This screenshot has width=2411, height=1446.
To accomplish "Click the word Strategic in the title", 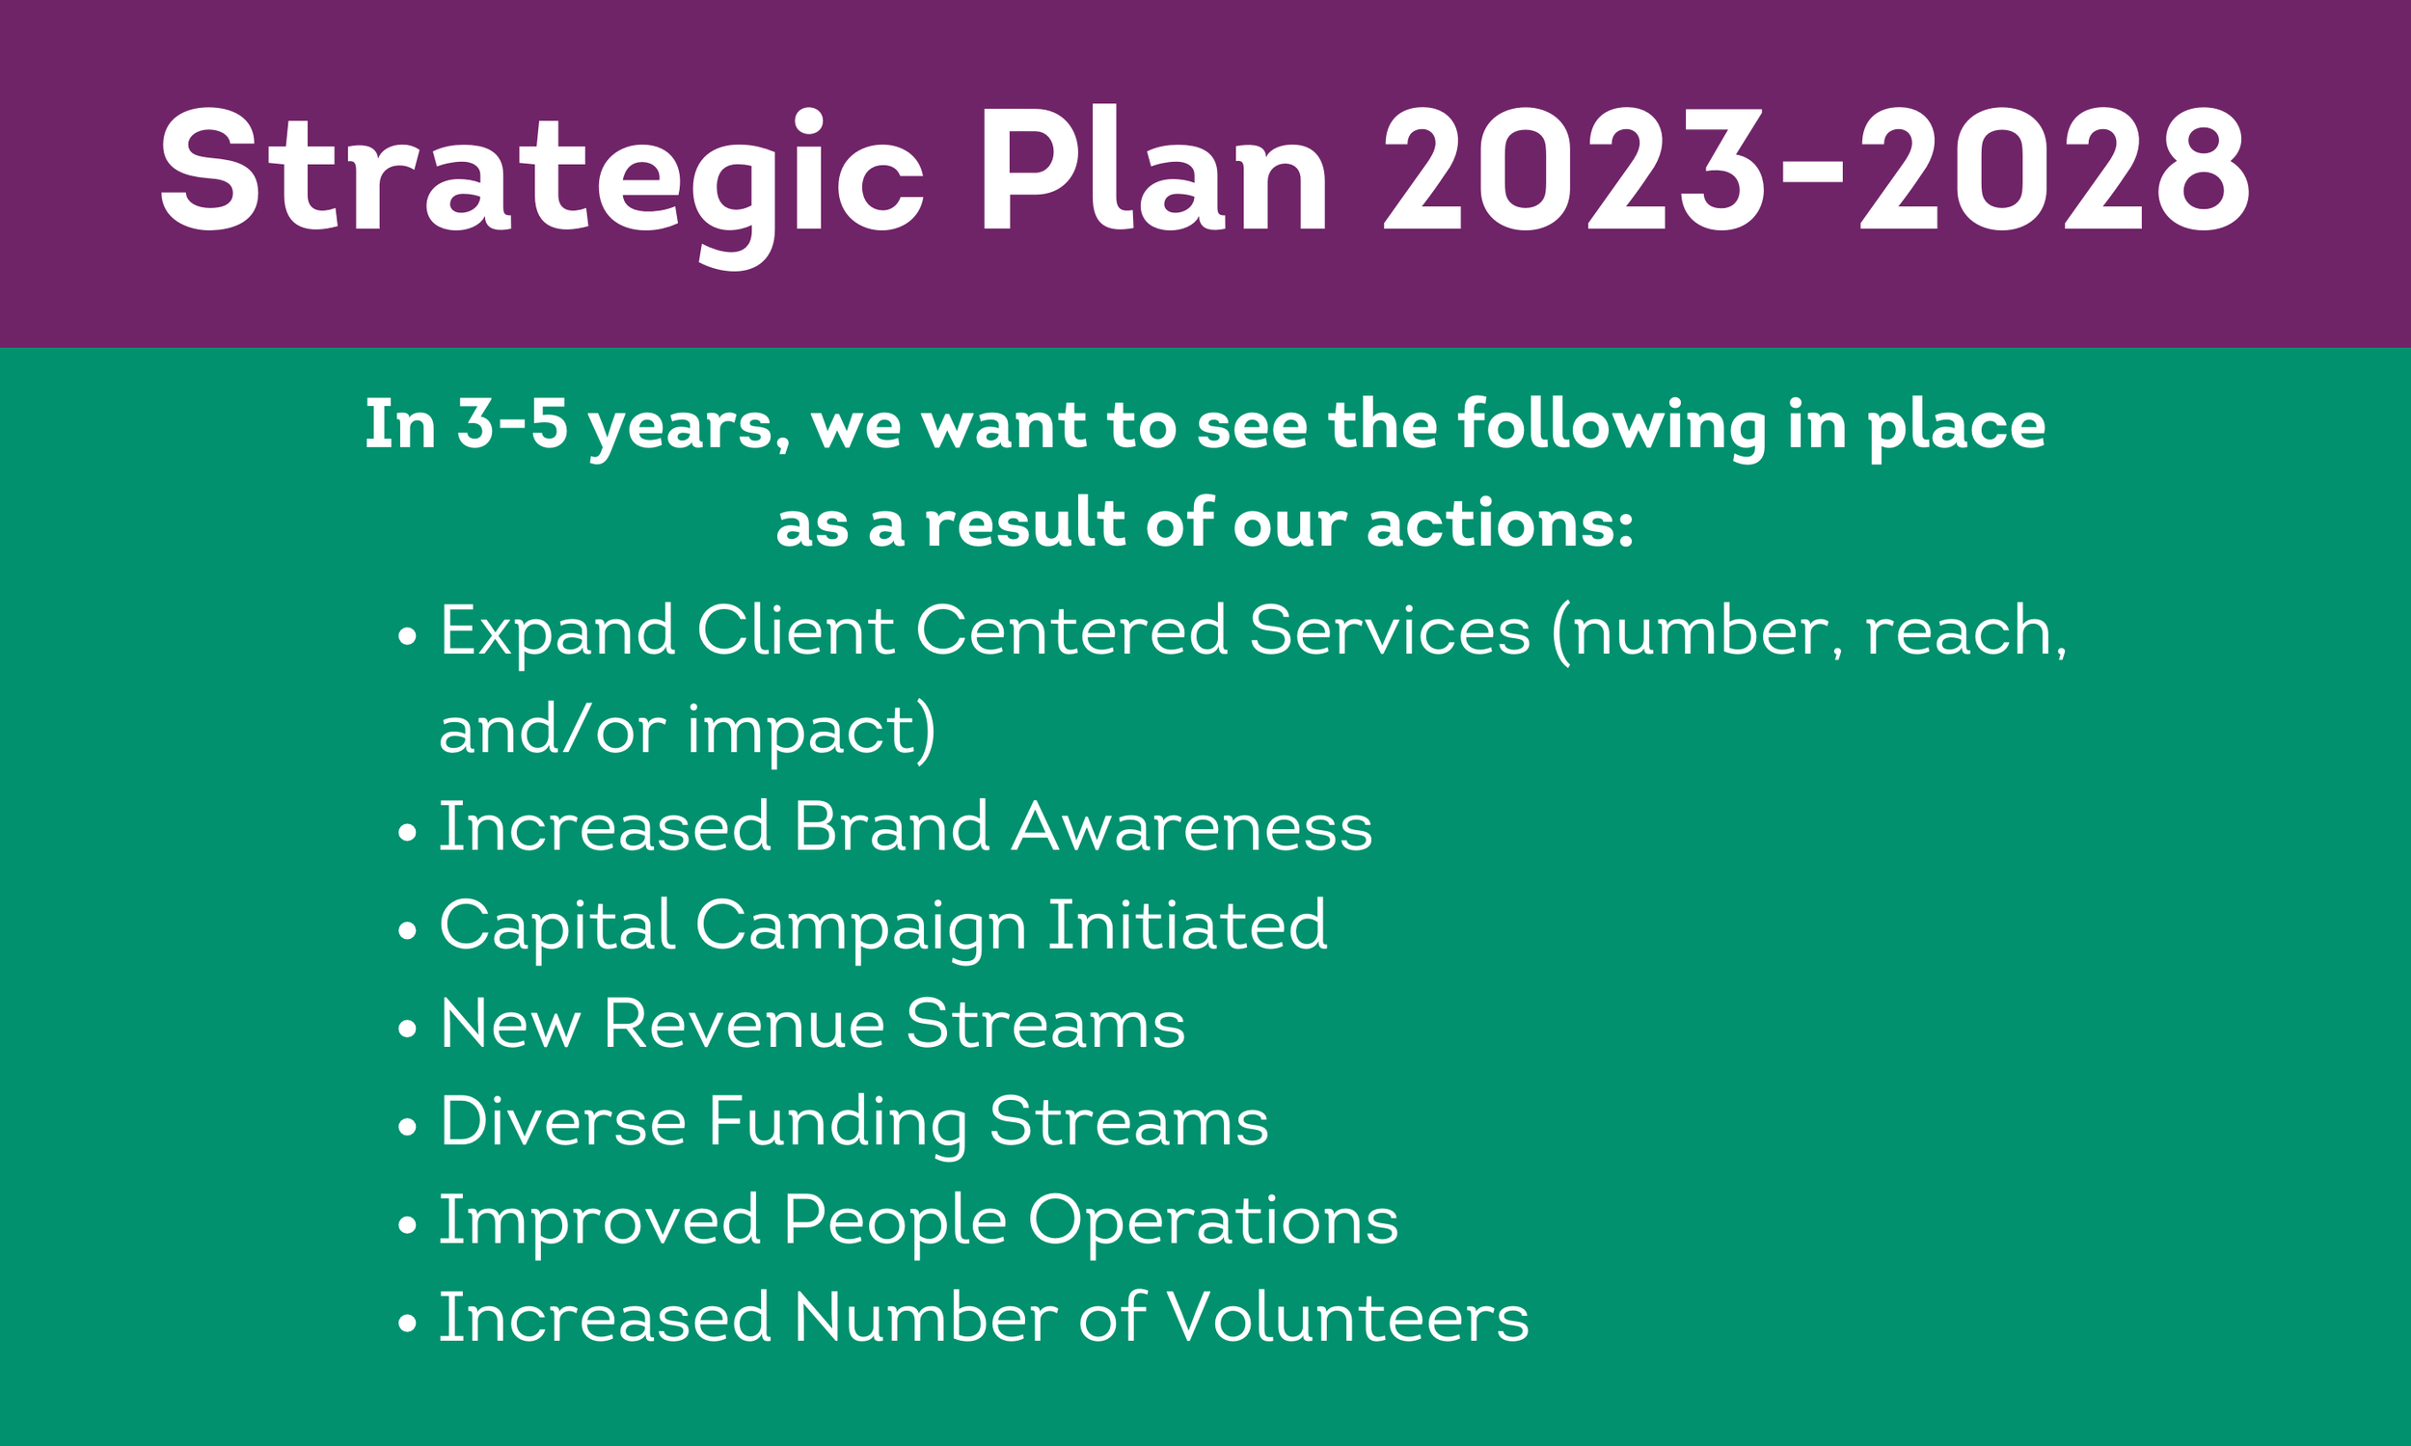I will (541, 174).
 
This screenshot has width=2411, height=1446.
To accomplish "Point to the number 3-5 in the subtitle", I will (513, 425).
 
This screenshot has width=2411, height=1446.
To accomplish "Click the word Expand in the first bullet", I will (556, 631).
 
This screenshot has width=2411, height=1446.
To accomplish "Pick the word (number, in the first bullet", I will (1696, 631).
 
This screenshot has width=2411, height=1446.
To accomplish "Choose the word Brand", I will (891, 827).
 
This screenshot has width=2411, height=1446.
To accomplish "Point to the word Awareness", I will (1191, 827).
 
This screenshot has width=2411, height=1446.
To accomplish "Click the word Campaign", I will (860, 925).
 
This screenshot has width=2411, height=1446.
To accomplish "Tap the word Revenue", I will (743, 1024).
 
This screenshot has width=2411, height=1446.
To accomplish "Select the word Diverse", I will (562, 1121).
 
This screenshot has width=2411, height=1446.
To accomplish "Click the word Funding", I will (837, 1123).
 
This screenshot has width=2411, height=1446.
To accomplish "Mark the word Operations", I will (1213, 1222).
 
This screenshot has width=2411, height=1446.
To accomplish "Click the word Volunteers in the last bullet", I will (1348, 1319).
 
